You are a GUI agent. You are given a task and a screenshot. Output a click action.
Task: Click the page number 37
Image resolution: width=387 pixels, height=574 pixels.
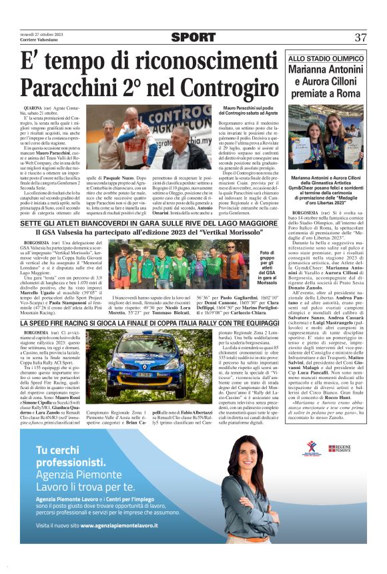tap(360, 37)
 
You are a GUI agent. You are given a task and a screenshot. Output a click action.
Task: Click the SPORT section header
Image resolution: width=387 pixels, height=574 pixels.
tap(193, 37)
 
